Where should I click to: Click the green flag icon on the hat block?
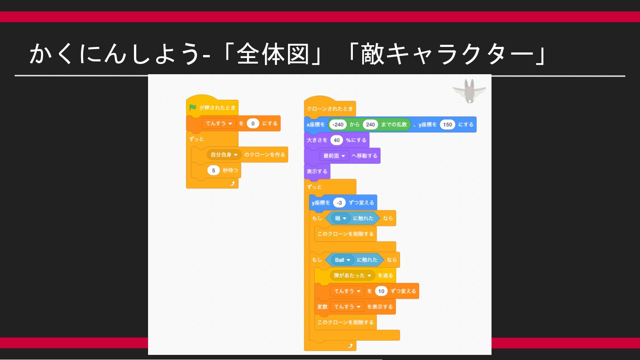click(x=193, y=107)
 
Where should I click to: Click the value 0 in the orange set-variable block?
click(x=253, y=124)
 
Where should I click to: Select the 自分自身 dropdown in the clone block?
click(x=224, y=155)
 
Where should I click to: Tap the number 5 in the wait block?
click(x=213, y=171)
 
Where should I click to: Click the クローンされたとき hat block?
click(x=330, y=109)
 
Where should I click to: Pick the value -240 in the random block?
click(x=338, y=125)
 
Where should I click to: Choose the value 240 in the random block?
click(x=370, y=125)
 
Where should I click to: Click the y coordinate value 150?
click(x=447, y=125)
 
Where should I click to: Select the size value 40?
click(x=337, y=140)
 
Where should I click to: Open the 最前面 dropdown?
click(x=334, y=156)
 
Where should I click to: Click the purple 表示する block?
click(x=317, y=171)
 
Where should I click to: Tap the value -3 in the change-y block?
click(x=339, y=203)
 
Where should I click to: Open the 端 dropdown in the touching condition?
click(x=340, y=218)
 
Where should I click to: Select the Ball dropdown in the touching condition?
click(x=343, y=260)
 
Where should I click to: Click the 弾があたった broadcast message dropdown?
click(x=352, y=276)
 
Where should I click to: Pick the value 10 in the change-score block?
click(x=381, y=291)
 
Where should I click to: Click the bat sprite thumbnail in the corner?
click(x=469, y=91)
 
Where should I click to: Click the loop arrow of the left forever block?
click(x=232, y=183)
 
